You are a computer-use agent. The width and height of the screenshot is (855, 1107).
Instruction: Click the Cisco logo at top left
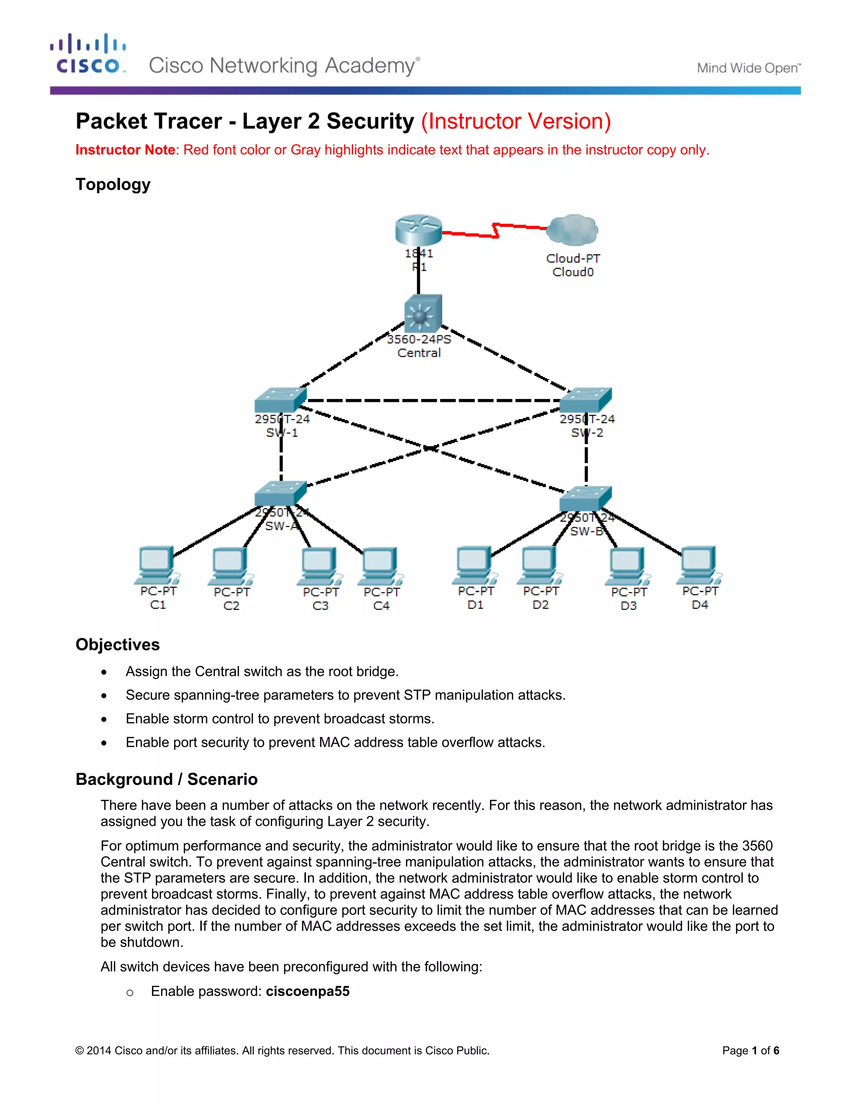[88, 54]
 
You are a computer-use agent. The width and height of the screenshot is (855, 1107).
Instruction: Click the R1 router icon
[418, 230]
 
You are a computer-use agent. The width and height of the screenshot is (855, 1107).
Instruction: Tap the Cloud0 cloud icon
[573, 231]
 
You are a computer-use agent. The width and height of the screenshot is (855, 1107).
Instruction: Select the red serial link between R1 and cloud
[494, 231]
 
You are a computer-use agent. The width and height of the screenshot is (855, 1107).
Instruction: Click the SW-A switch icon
[280, 493]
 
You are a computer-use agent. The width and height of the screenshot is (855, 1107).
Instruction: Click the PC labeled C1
[157, 565]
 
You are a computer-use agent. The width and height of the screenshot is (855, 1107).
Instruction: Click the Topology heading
[113, 185]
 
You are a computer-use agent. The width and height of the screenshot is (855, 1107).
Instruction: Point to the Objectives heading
[117, 644]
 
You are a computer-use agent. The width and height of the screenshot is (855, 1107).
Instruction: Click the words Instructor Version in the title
[516, 122]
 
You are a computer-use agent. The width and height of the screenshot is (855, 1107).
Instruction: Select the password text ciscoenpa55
[307, 991]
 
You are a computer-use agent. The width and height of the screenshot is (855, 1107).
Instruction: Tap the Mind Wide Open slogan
[748, 68]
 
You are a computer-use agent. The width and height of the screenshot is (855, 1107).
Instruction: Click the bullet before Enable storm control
[104, 719]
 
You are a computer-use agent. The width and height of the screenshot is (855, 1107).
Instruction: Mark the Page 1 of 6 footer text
[750, 1051]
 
